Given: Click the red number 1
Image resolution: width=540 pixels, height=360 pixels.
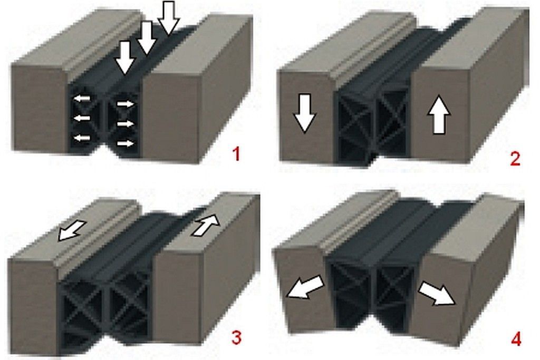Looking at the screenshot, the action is click(236, 154).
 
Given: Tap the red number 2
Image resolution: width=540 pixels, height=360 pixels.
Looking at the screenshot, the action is click(515, 159).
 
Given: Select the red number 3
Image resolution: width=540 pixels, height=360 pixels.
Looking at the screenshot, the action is click(236, 337).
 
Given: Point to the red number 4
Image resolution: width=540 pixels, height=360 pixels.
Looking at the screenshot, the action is click(516, 338).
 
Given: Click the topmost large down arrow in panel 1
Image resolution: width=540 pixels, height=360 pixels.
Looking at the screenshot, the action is click(168, 18).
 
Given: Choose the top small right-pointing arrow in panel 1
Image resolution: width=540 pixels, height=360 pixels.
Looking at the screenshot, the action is click(126, 104).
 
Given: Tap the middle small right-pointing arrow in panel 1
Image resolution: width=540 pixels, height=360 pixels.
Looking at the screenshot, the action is click(126, 123).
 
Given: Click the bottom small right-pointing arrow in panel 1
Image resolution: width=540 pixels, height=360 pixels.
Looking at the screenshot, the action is click(126, 143).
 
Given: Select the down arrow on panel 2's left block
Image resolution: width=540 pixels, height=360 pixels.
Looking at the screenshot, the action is click(304, 113).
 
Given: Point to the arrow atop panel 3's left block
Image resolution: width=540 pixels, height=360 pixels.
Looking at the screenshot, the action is click(72, 230).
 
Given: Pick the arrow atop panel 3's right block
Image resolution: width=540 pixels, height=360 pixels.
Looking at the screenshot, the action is click(206, 225).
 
